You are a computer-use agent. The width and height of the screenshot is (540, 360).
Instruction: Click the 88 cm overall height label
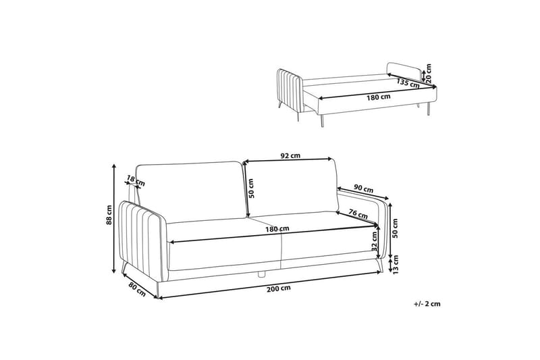click(x=109, y=215)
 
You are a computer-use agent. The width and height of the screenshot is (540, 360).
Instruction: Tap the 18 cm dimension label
click(x=136, y=180)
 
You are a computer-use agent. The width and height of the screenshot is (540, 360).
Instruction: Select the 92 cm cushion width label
click(x=290, y=155)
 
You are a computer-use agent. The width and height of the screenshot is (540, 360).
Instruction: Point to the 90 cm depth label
click(x=364, y=189)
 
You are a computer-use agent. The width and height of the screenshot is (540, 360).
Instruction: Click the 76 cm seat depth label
click(x=358, y=214)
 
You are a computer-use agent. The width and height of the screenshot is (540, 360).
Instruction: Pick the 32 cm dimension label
click(x=375, y=240)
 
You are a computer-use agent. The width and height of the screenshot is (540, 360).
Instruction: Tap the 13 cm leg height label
click(x=396, y=265)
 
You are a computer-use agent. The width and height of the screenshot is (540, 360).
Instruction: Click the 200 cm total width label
click(x=279, y=288)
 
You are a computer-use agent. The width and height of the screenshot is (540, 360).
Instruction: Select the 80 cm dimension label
click(x=137, y=289)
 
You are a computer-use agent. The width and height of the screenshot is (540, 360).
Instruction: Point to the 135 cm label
click(x=408, y=83)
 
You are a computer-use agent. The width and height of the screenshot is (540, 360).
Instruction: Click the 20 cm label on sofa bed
click(x=429, y=74)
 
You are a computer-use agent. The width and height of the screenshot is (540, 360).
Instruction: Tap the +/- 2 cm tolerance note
click(x=427, y=304)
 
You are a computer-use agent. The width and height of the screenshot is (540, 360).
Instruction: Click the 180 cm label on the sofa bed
click(x=379, y=97)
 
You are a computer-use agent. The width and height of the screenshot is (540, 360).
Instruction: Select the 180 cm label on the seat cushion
click(x=277, y=229)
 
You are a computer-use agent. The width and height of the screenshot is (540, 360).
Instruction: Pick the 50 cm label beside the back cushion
click(x=251, y=188)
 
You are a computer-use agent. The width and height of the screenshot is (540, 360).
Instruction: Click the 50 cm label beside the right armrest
click(x=396, y=228)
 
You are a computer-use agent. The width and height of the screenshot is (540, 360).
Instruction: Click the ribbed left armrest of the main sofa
click(x=143, y=239)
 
